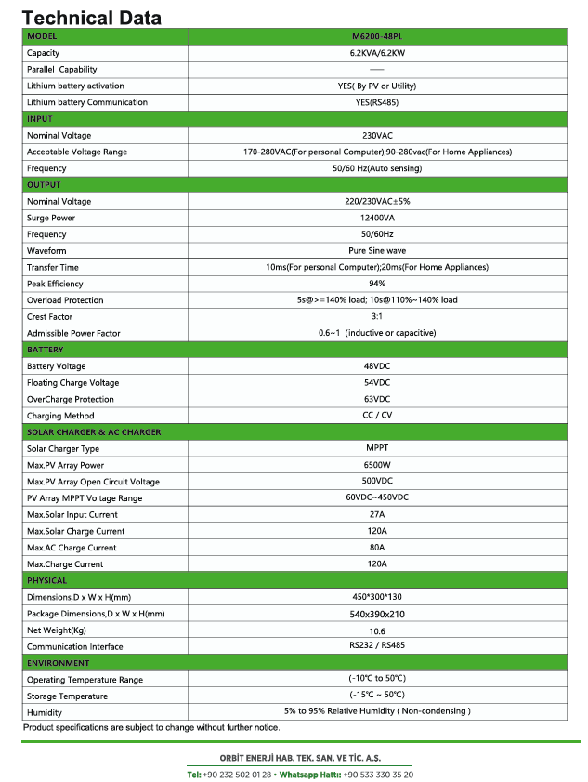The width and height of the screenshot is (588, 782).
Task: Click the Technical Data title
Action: click(x=92, y=17)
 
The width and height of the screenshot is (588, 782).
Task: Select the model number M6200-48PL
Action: click(x=376, y=36)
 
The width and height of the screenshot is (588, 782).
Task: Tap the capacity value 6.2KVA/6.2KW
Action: click(x=376, y=53)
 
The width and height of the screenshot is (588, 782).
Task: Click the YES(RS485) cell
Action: click(x=376, y=102)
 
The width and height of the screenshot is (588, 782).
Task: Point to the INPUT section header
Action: click(x=40, y=119)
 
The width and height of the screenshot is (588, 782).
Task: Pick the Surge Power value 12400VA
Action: click(x=376, y=218)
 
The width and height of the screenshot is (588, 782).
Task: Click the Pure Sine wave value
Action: click(x=376, y=251)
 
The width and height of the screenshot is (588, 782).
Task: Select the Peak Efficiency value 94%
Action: click(x=376, y=284)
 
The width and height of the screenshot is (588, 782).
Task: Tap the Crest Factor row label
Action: click(x=49, y=317)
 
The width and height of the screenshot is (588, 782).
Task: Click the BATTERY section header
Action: click(x=46, y=350)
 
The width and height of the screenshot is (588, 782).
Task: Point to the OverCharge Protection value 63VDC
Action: click(x=376, y=399)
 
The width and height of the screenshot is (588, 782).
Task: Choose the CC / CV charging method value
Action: click(x=376, y=416)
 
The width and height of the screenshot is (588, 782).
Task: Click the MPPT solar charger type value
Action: click(x=376, y=448)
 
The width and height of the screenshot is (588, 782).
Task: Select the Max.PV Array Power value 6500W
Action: click(x=376, y=465)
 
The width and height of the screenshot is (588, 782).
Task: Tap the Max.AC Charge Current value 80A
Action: click(x=376, y=548)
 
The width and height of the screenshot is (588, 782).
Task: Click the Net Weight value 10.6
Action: click(x=376, y=630)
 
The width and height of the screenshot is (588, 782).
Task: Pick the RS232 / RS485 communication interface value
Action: click(x=376, y=646)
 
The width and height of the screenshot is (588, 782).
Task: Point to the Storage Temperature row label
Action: click(x=67, y=696)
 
